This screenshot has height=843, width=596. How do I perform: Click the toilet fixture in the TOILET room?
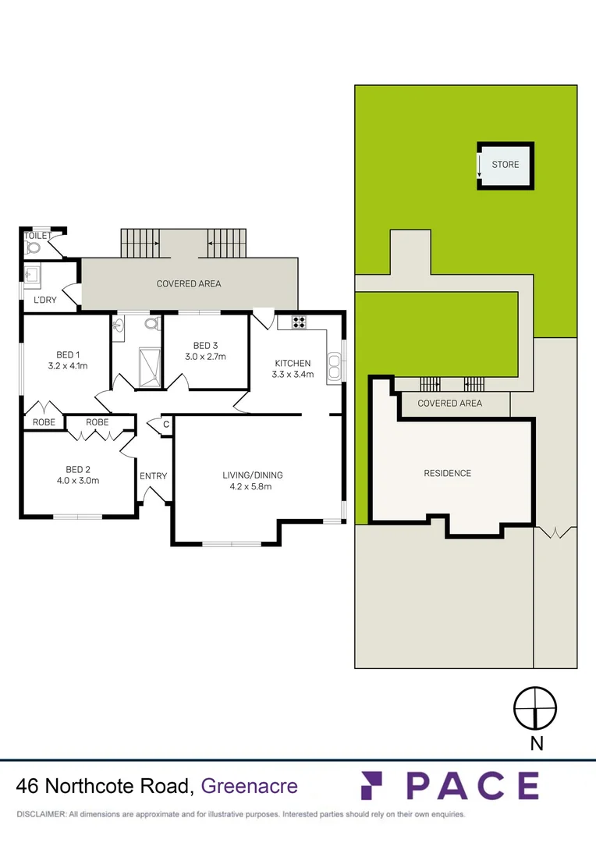(33, 248)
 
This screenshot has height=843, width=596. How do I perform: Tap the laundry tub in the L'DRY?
(33, 275)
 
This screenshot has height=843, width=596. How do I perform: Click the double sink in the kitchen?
(335, 365)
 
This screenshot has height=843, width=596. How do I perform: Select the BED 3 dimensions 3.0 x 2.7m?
(205, 357)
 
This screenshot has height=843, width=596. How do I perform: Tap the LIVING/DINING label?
(253, 475)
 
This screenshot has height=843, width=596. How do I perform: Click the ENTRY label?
(153, 475)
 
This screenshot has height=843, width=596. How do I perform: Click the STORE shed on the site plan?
(505, 165)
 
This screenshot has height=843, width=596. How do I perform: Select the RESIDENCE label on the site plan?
(447, 473)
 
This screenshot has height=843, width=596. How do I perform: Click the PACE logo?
(450, 785)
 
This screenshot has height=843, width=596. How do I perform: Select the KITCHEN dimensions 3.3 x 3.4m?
(293, 375)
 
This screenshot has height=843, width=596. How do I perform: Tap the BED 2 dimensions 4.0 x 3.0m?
(77, 481)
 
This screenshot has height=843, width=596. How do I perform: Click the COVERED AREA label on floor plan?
(189, 283)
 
